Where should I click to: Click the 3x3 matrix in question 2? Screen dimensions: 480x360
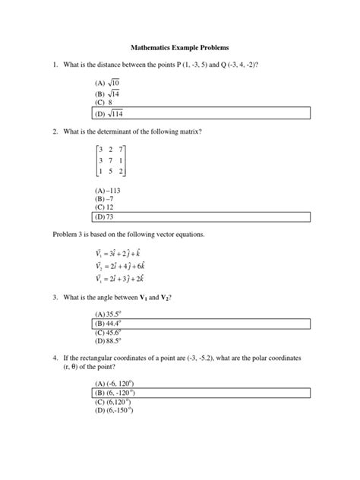coord(109,162)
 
